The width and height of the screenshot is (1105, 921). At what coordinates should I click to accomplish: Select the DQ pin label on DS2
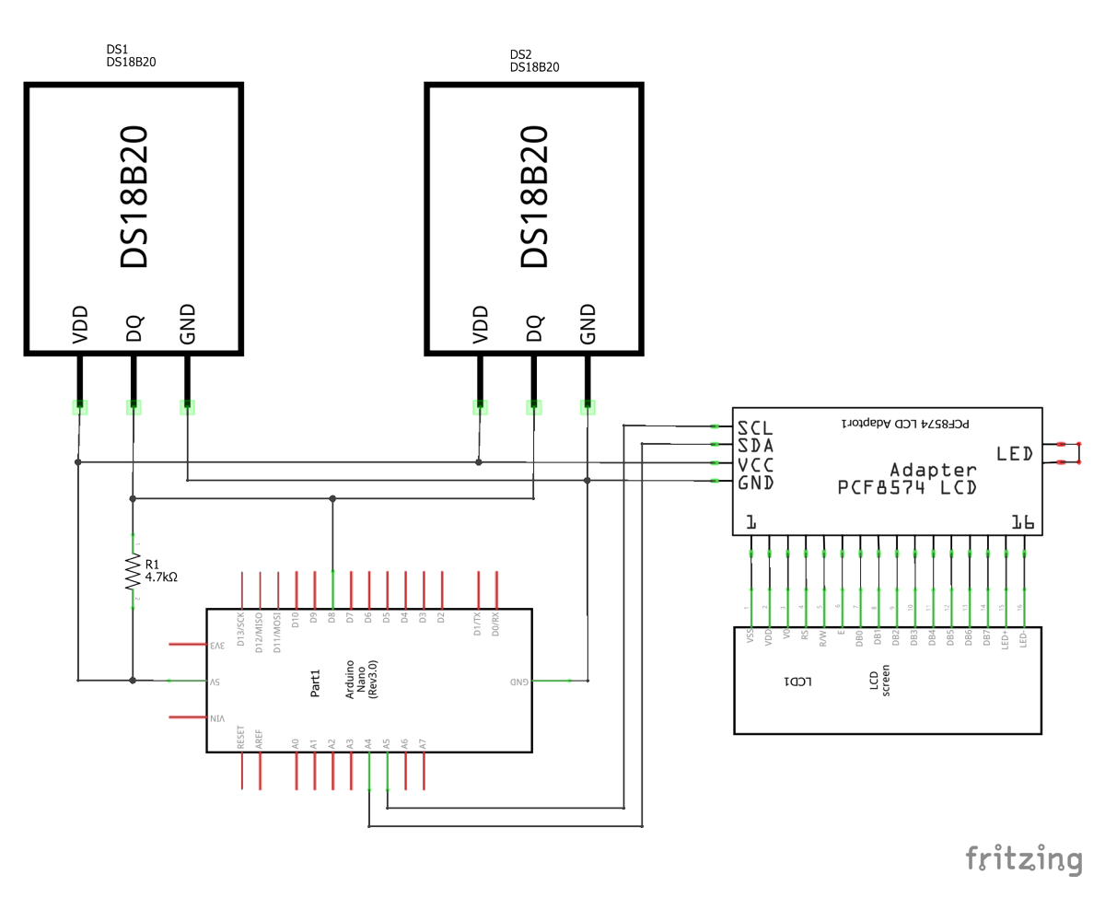coord(533,328)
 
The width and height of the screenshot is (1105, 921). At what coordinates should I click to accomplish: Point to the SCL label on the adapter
coord(755,428)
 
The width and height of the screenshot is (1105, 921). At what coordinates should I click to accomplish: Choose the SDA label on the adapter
coord(755,446)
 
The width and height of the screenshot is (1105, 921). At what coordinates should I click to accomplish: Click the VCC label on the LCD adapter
coord(755,464)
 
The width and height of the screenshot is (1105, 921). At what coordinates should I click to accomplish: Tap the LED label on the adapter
coord(1015,453)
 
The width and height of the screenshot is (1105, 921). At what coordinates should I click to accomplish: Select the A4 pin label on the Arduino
coord(368,742)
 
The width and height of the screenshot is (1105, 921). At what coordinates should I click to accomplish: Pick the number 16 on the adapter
coord(1023,522)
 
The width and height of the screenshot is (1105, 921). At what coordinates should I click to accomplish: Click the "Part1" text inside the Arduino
coord(315,682)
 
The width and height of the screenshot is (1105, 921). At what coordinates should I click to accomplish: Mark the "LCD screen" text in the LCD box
coord(879,681)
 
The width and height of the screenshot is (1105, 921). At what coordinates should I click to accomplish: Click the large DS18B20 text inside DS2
coord(534,196)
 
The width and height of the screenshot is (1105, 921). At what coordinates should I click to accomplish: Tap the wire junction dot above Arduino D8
coord(332,498)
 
